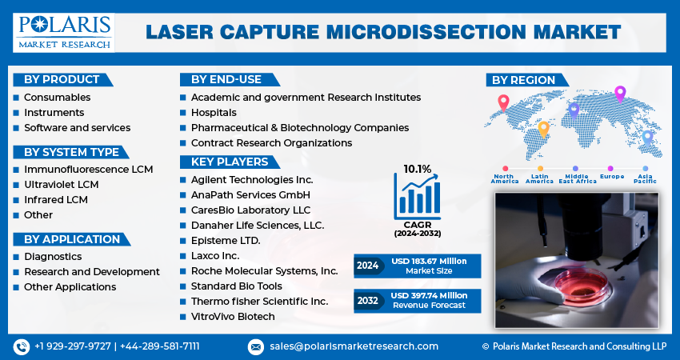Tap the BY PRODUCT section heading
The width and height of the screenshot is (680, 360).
(62, 79)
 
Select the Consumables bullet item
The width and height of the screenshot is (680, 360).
(57, 98)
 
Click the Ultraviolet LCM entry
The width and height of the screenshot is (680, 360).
(61, 185)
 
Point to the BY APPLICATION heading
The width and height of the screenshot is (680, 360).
(72, 239)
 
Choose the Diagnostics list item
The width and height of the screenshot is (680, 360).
(53, 257)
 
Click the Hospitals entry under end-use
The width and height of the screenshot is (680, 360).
(214, 113)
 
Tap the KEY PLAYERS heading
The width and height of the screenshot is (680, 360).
(229, 162)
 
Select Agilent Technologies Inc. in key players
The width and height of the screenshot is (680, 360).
(252, 179)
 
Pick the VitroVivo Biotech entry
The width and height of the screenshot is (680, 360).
(233, 317)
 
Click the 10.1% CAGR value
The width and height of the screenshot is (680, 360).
(417, 169)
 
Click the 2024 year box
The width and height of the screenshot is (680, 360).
(368, 266)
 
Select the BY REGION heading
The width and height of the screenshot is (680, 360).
(523, 80)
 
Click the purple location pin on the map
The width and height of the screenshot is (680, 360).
(619, 93)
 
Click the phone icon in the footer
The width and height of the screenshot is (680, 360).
(22, 346)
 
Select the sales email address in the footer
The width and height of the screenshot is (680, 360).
(354, 346)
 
